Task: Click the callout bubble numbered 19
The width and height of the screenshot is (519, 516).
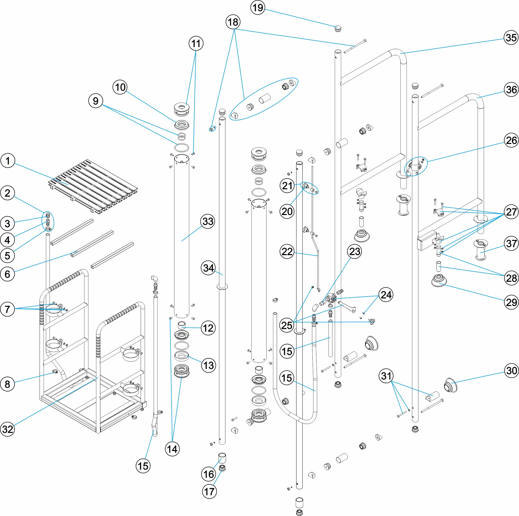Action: coord(258,7)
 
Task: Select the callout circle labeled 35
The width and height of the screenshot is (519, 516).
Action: coord(511,38)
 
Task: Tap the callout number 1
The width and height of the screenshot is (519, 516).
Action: coord(7,161)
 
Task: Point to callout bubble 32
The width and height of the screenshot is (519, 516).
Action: coord(7,429)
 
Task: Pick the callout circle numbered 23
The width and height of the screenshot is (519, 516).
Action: coord(355,252)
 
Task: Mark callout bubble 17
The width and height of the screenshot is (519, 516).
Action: coord(209,491)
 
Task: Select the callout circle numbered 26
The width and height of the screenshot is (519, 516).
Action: coord(511,140)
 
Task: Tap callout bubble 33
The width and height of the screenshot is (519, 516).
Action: coord(208,222)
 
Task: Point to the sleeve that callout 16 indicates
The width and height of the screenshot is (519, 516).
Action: coord(222,457)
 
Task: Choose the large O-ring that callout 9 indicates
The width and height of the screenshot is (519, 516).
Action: coord(182,148)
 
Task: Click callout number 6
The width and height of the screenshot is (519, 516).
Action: coord(7,274)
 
